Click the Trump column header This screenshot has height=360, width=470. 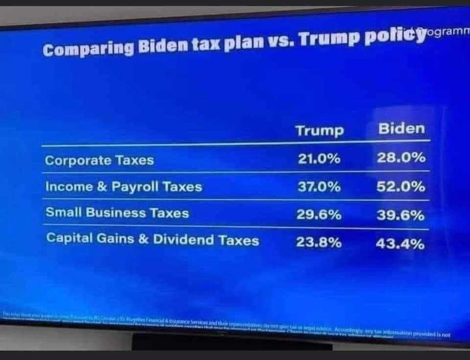point(320,131)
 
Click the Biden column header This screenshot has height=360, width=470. point(401,129)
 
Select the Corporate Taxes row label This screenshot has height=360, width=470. point(99,160)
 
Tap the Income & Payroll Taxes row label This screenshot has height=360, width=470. point(123,187)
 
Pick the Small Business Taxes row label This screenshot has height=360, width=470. point(117,213)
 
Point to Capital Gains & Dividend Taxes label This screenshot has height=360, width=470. point(152,239)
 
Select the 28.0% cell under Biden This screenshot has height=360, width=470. point(400,158)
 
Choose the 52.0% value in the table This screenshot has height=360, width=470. point(400,186)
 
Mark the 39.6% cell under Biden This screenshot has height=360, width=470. point(400,215)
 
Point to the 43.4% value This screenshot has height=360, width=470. point(400,243)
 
